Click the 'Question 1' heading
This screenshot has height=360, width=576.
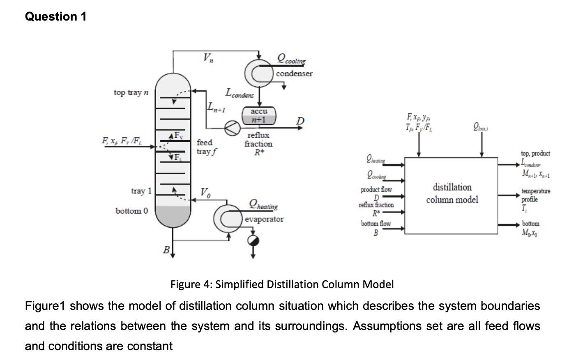pos(55,16)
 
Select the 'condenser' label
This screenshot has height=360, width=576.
pos(294,74)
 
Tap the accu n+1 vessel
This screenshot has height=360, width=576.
pos(259,115)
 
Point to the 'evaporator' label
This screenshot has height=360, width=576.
pos(264,219)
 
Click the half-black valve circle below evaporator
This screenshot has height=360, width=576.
pos(253,241)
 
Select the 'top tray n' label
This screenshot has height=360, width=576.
pos(131,92)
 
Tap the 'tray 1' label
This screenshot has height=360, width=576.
pos(141,191)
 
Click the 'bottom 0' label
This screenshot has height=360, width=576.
pos(131,211)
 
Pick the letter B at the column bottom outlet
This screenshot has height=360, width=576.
pos(166,249)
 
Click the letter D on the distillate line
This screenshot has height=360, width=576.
pos(301,120)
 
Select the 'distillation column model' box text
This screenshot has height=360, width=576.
pos(452,194)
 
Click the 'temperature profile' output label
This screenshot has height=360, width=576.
pos(535,195)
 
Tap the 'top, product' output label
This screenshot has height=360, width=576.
pos(535,153)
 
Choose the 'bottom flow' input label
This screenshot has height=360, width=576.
pos(376,224)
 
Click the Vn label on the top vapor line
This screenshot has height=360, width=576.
pos(208,58)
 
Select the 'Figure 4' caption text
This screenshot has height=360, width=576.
pos(282,284)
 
